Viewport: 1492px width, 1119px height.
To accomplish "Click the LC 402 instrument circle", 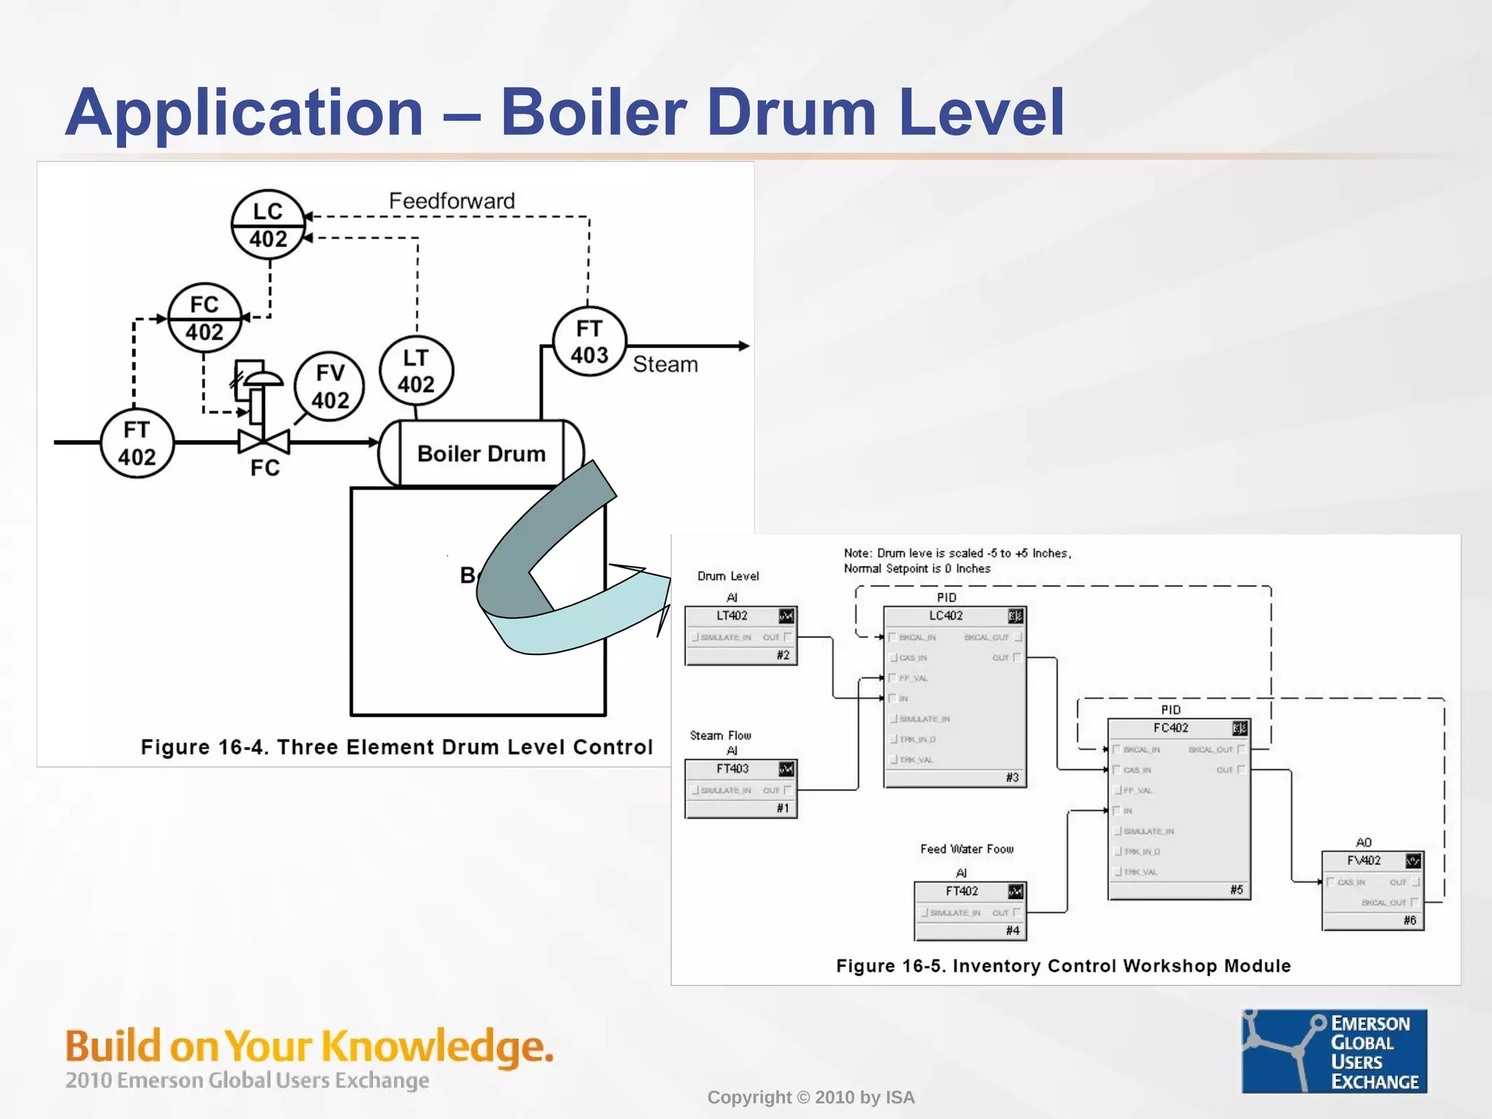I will (267, 225).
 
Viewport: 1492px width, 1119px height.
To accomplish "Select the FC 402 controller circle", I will (205, 318).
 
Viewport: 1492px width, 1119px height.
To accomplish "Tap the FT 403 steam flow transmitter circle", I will (589, 342).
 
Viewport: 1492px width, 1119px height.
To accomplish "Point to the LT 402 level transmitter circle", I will (416, 371).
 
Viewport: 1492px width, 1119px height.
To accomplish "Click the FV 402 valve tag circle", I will (330, 386).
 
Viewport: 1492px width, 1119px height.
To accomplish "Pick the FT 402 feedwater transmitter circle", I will (137, 443).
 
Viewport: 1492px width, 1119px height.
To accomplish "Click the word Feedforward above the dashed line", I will (452, 201).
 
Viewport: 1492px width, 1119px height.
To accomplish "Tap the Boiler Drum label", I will (482, 454).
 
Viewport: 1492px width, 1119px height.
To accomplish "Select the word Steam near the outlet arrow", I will (665, 364).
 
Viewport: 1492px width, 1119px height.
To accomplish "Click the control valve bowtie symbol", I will (264, 441).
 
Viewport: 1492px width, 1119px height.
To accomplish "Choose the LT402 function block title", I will (732, 616).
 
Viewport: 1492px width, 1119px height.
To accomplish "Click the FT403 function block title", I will (732, 769).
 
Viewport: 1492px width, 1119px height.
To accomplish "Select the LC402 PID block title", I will (946, 616).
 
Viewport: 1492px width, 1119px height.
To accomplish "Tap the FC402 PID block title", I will (1170, 728).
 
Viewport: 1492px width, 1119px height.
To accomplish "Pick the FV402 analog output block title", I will (1363, 860).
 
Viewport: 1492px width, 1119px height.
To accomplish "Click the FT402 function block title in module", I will (962, 891).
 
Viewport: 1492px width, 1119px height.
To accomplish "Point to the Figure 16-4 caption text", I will (397, 747).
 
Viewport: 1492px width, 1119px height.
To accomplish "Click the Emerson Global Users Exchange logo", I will (1335, 1051).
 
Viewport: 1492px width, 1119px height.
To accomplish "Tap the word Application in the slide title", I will (244, 112).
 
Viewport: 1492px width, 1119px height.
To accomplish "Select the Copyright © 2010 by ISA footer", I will (811, 1097).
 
